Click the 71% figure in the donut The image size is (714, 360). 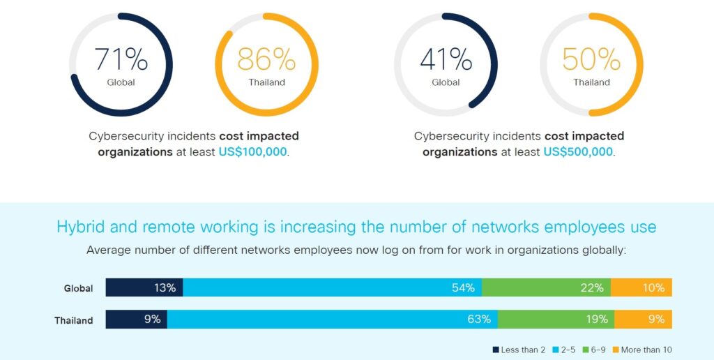pyautogui.click(x=121, y=60)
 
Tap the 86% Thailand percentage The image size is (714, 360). pyautogui.click(x=266, y=60)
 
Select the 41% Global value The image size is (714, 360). pyautogui.click(x=446, y=60)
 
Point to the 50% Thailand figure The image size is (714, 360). pyautogui.click(x=591, y=60)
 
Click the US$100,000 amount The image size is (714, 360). pyautogui.click(x=253, y=151)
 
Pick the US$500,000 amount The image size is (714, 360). pyautogui.click(x=578, y=151)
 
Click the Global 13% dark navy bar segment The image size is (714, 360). pyautogui.click(x=144, y=287)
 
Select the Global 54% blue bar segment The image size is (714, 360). pyautogui.click(x=332, y=287)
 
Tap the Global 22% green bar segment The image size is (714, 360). pyautogui.click(x=546, y=287)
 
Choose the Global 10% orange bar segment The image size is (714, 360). pyautogui.click(x=641, y=287)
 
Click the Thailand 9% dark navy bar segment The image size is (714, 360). pyautogui.click(x=137, y=320)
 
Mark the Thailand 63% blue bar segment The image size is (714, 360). pyautogui.click(x=333, y=320)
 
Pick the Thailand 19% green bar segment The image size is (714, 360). pyautogui.click(x=556, y=320)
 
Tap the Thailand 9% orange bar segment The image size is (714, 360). pyautogui.click(x=643, y=320)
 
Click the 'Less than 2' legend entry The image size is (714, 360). pyautogui.click(x=519, y=350)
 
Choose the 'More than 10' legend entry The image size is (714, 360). pyautogui.click(x=642, y=350)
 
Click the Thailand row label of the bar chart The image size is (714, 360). pyautogui.click(x=74, y=321)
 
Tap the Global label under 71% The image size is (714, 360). pyautogui.click(x=121, y=82)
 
